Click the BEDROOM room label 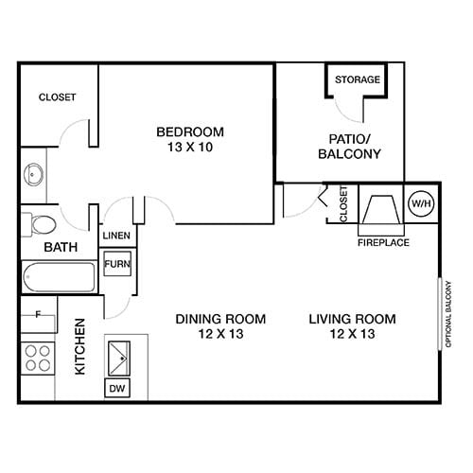point(189,131)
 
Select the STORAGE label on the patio point(358,79)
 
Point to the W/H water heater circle point(419,203)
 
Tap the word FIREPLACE point(382,242)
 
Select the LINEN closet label point(115,236)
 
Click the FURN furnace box point(116,264)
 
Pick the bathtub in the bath point(59,278)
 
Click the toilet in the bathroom point(41,224)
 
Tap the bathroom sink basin point(33,174)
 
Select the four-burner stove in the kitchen point(38,358)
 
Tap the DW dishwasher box point(117,388)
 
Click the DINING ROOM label point(220,325)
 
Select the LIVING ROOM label point(352,325)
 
